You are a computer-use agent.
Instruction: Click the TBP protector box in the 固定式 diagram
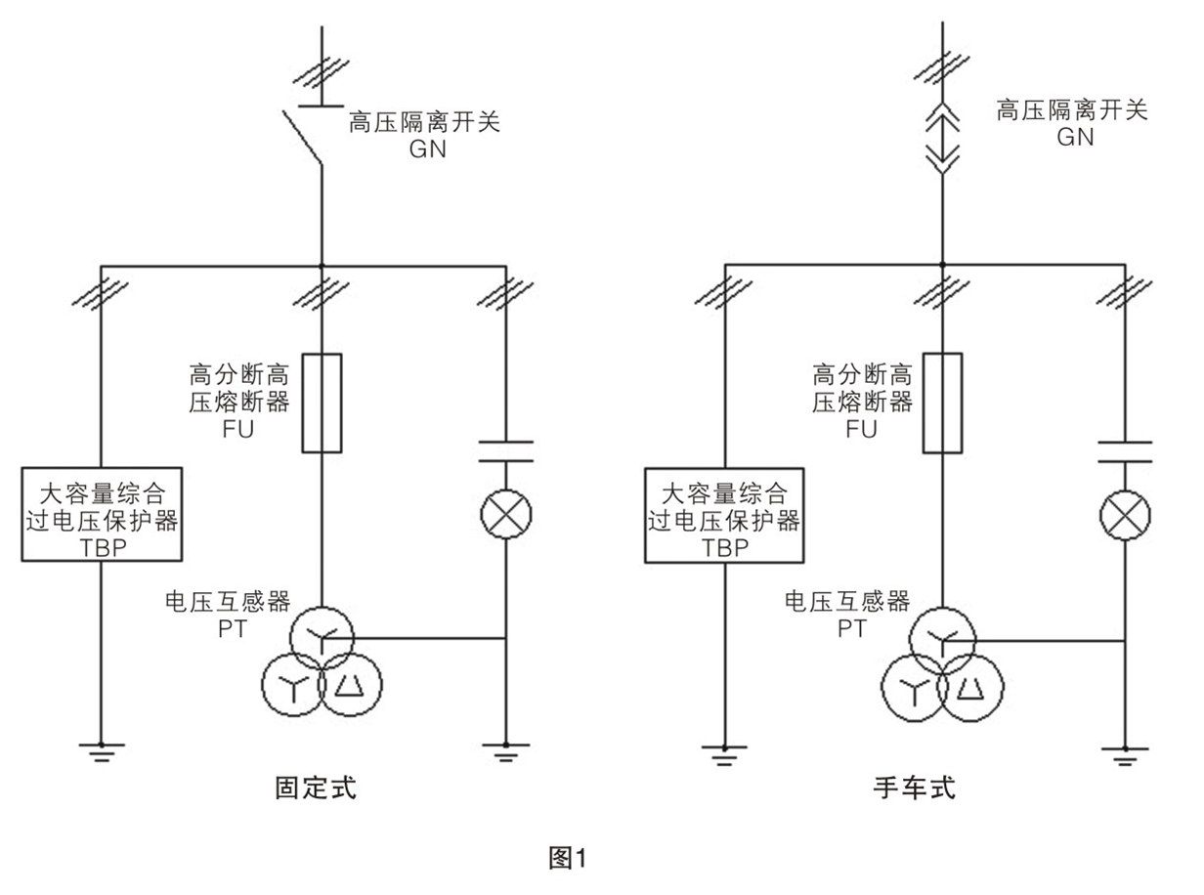(103, 514)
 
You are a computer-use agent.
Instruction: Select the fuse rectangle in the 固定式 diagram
(322, 404)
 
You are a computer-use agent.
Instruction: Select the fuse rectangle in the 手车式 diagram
(942, 404)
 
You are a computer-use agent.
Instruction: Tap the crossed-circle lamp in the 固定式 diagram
(505, 513)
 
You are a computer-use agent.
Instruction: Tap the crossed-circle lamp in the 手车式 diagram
(1125, 513)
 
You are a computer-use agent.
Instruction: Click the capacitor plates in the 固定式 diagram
(505, 450)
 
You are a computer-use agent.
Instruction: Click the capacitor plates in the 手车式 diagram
(1125, 450)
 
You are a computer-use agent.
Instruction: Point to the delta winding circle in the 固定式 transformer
(348, 686)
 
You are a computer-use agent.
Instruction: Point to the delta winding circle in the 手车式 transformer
(970, 686)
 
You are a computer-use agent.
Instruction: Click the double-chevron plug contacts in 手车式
(942, 138)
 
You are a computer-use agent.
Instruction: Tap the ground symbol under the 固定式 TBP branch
(103, 751)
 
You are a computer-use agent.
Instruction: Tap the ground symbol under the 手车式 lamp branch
(1125, 751)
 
